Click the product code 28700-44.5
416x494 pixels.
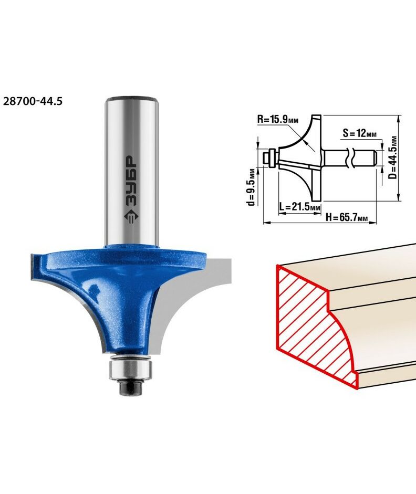[x=33, y=101]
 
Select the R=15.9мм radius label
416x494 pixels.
[x=278, y=120]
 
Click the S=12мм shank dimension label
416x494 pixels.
[x=360, y=133]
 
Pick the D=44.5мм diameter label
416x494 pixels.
[x=392, y=157]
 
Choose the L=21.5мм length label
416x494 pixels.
[x=300, y=207]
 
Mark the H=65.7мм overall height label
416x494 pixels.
[x=347, y=217]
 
